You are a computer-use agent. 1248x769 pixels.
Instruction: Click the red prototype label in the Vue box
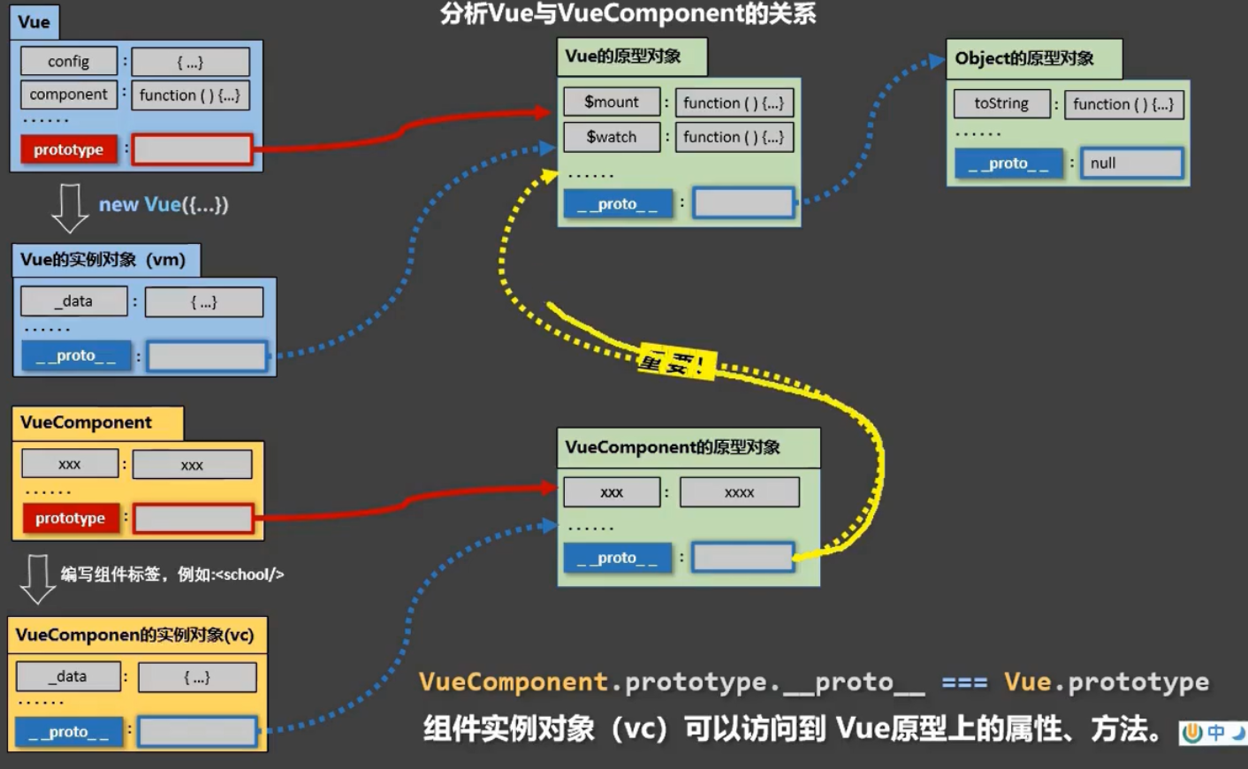click(x=69, y=149)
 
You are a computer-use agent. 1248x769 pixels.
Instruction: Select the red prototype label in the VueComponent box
click(x=70, y=518)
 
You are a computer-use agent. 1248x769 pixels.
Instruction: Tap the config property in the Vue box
click(x=69, y=61)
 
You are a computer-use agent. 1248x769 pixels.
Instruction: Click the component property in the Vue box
click(x=69, y=95)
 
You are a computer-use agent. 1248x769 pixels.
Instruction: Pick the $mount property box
click(x=612, y=102)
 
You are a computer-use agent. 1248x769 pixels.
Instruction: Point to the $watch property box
click(x=612, y=137)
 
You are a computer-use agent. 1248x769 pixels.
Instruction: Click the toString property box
click(x=1001, y=103)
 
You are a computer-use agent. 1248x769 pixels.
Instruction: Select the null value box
click(x=1131, y=163)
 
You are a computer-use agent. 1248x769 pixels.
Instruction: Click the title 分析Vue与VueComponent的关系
click(x=628, y=13)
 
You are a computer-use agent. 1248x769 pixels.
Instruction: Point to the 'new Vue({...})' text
click(x=164, y=204)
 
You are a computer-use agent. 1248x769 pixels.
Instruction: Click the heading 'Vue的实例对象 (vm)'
click(x=103, y=260)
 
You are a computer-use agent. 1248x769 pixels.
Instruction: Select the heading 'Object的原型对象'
click(x=1024, y=58)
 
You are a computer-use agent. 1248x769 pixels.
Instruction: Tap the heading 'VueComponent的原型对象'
click(x=673, y=447)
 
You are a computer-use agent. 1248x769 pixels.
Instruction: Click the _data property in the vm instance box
click(x=74, y=301)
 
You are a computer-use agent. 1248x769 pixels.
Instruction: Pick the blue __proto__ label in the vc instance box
click(x=69, y=732)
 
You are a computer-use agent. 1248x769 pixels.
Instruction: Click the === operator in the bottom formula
click(x=964, y=682)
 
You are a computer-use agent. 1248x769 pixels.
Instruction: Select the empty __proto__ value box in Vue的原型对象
click(x=743, y=203)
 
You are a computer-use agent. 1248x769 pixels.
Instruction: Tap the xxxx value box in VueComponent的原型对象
click(x=739, y=492)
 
